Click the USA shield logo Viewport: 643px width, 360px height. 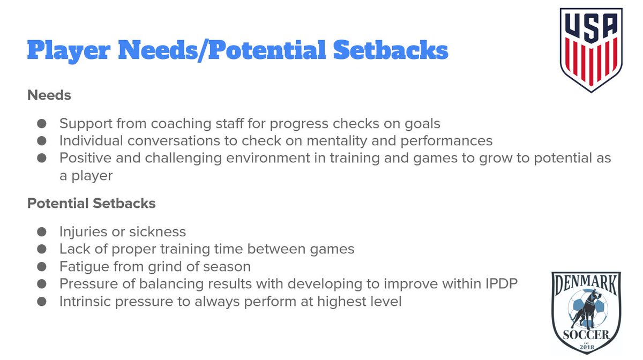[x=591, y=49]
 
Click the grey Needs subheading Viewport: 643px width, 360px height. [x=49, y=95]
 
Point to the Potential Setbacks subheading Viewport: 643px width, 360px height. [x=92, y=204]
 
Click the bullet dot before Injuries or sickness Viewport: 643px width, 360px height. [x=42, y=232]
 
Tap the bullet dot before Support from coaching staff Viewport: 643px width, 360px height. [x=42, y=124]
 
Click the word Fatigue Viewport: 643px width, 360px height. [x=83, y=266]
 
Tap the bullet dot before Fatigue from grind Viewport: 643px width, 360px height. [x=42, y=266]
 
